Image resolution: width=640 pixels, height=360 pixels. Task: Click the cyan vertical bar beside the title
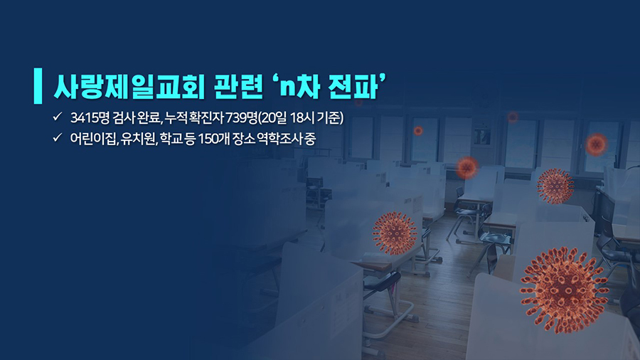(x=38, y=85)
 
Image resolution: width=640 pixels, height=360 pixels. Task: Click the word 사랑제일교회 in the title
(x=129, y=87)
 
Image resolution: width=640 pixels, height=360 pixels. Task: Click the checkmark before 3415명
(x=57, y=117)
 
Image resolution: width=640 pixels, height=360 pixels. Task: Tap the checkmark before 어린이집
(x=57, y=137)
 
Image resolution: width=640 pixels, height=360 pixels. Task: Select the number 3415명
(x=90, y=117)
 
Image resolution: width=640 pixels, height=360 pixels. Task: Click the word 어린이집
(x=93, y=139)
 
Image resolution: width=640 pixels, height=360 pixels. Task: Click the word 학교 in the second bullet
(x=171, y=139)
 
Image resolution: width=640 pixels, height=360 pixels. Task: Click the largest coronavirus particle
(x=565, y=290)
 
